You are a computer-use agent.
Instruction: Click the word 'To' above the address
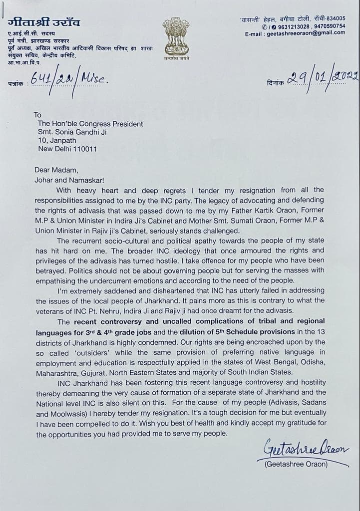point(38,115)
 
